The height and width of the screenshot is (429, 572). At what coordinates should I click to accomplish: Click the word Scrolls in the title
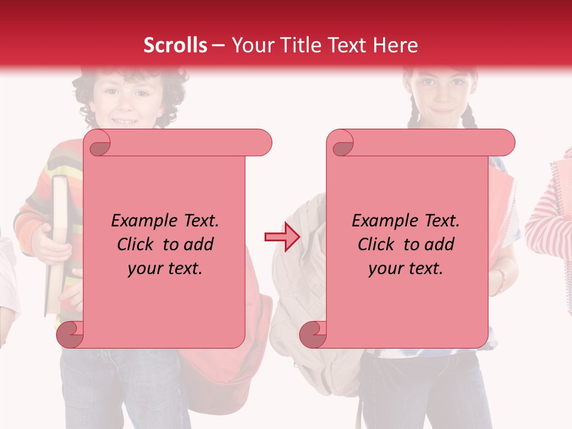(x=175, y=45)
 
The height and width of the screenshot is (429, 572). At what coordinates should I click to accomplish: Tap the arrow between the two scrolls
(x=275, y=237)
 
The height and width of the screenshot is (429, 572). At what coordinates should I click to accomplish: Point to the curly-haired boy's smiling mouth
(x=125, y=121)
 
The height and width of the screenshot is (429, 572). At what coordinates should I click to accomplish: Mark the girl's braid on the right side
(x=469, y=116)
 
